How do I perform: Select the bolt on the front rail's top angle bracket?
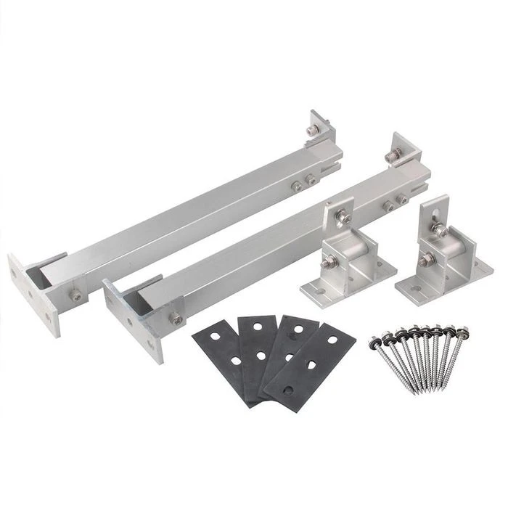click(x=395, y=155)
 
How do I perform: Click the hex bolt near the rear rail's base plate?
click(x=75, y=295)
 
